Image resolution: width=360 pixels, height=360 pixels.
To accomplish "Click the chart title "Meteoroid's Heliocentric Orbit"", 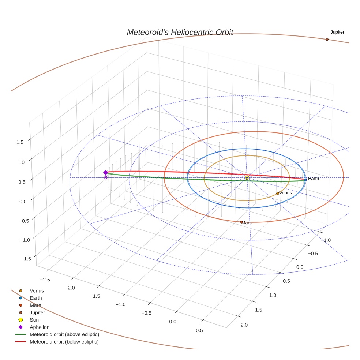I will (180, 32).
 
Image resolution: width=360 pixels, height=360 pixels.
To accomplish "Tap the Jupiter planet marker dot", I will (327, 40).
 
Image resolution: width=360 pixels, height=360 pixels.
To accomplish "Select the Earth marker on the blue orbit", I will (305, 180).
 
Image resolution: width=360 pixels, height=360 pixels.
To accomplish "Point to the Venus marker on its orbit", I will (278, 193).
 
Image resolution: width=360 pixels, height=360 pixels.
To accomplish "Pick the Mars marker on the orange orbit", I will (241, 222).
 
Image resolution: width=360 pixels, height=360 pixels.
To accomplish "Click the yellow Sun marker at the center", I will (247, 177).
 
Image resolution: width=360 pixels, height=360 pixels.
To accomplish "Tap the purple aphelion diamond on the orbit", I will (106, 172).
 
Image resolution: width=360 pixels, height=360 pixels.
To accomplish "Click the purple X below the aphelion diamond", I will (106, 177).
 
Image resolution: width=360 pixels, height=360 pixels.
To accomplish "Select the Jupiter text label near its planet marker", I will (337, 32).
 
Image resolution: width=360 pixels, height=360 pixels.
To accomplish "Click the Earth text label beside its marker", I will (314, 179).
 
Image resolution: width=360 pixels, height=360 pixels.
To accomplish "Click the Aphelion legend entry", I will (40, 327).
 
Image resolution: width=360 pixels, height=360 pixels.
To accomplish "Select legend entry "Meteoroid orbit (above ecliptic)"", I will (64, 334).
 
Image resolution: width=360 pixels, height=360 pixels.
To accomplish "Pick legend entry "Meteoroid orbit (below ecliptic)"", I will (64, 342).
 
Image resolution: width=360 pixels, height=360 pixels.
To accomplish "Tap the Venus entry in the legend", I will (37, 290).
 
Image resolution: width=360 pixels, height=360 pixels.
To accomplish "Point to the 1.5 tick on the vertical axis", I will (20, 142).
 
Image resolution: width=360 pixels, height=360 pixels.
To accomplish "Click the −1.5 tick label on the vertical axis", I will (26, 259).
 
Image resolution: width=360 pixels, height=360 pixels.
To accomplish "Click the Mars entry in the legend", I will (35, 305).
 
